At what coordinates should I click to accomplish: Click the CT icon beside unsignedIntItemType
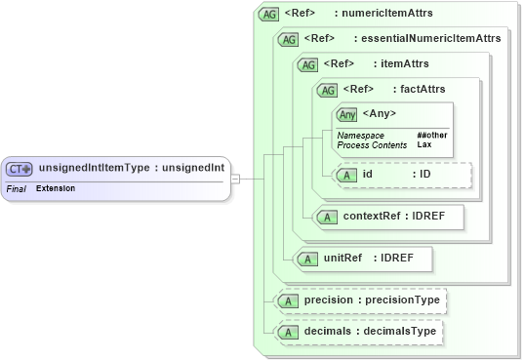pos(20,168)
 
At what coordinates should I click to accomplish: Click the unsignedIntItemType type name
pos(94,168)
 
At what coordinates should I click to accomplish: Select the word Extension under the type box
pos(56,187)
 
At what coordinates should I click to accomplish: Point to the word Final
pos(16,187)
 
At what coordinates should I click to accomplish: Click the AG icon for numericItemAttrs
pos(268,15)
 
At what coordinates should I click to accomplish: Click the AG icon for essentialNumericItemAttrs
pos(288,39)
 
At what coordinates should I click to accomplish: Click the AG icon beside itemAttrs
pos(307,64)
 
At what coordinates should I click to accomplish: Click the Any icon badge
pos(347,114)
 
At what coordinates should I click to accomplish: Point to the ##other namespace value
pos(431,135)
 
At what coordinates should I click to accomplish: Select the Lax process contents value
pos(424,144)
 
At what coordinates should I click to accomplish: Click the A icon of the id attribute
pos(347,175)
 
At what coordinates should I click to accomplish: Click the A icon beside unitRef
pos(307,259)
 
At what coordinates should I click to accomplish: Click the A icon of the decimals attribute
pos(288,333)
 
